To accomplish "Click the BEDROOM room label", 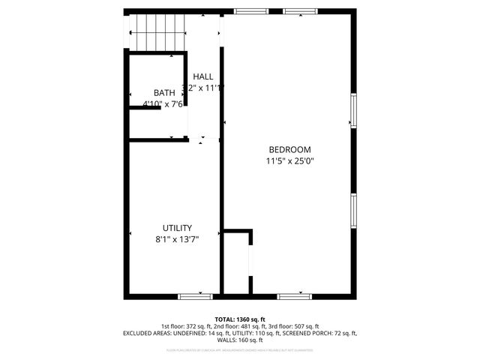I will point(289,149).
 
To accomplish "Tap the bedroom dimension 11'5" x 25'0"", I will point(289,160).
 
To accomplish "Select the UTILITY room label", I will point(177,228).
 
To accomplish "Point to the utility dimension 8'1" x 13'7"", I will point(177,239).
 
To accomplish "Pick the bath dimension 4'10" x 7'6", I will point(163,104).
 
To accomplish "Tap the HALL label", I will point(202,76).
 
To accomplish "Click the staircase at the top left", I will point(155,33).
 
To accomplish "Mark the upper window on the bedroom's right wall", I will point(352,109).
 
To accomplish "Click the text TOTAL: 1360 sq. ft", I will point(240,319).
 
